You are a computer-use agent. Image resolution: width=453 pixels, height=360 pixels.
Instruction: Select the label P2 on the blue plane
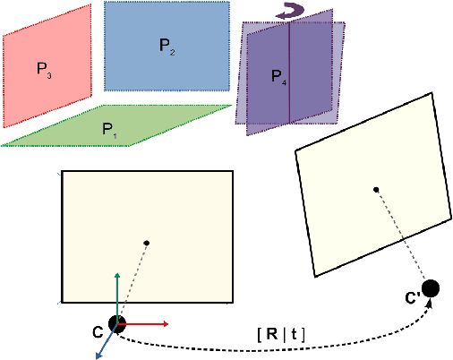click(x=167, y=45)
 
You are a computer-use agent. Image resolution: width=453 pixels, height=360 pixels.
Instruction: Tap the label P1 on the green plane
click(x=108, y=131)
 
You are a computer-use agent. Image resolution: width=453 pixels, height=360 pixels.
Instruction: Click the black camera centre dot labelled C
click(x=117, y=324)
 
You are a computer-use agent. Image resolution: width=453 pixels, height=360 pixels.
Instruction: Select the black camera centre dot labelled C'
click(x=430, y=288)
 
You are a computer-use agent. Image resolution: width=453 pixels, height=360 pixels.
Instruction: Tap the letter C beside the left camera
click(x=97, y=332)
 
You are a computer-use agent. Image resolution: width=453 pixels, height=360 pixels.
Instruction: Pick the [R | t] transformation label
click(x=281, y=335)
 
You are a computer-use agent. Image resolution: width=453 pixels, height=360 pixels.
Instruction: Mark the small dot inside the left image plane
click(x=146, y=243)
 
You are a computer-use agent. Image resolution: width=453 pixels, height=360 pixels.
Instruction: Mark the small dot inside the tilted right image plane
click(x=376, y=189)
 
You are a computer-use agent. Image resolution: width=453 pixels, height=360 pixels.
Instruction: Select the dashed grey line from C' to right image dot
click(x=408, y=232)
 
